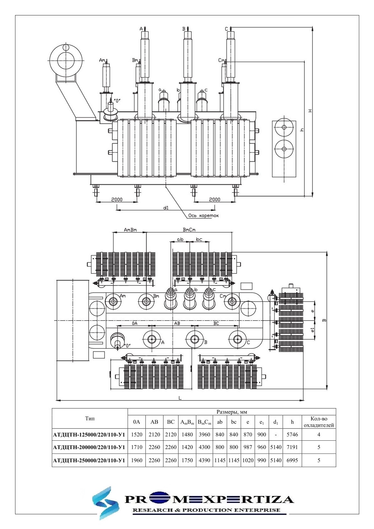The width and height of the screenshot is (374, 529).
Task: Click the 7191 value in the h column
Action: (292, 447)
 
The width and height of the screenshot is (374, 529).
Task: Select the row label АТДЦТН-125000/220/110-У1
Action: (90, 435)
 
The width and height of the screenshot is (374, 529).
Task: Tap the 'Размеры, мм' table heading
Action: (232, 412)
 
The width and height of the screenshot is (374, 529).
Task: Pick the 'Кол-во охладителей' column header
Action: (319, 422)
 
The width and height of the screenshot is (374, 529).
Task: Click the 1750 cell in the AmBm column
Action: (187, 460)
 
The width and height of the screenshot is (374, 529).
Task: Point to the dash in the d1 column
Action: (276, 435)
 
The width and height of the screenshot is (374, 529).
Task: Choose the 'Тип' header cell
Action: (90, 418)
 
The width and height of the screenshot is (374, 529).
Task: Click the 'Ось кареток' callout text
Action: (203, 216)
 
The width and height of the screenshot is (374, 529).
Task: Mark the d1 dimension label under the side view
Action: (166, 207)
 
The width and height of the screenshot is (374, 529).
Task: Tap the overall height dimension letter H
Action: (310, 111)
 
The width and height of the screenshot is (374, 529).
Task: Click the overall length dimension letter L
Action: (180, 398)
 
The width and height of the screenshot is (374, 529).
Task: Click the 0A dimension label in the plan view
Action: (134, 323)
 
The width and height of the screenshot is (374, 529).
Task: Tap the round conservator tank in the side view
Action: (66, 59)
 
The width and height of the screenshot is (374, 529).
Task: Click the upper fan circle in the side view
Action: (284, 128)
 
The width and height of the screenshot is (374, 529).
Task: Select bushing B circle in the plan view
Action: (195, 339)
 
